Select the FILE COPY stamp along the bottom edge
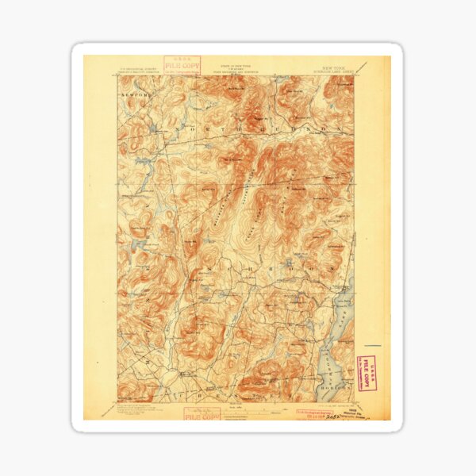[202, 413]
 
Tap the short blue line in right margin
[374, 345]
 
